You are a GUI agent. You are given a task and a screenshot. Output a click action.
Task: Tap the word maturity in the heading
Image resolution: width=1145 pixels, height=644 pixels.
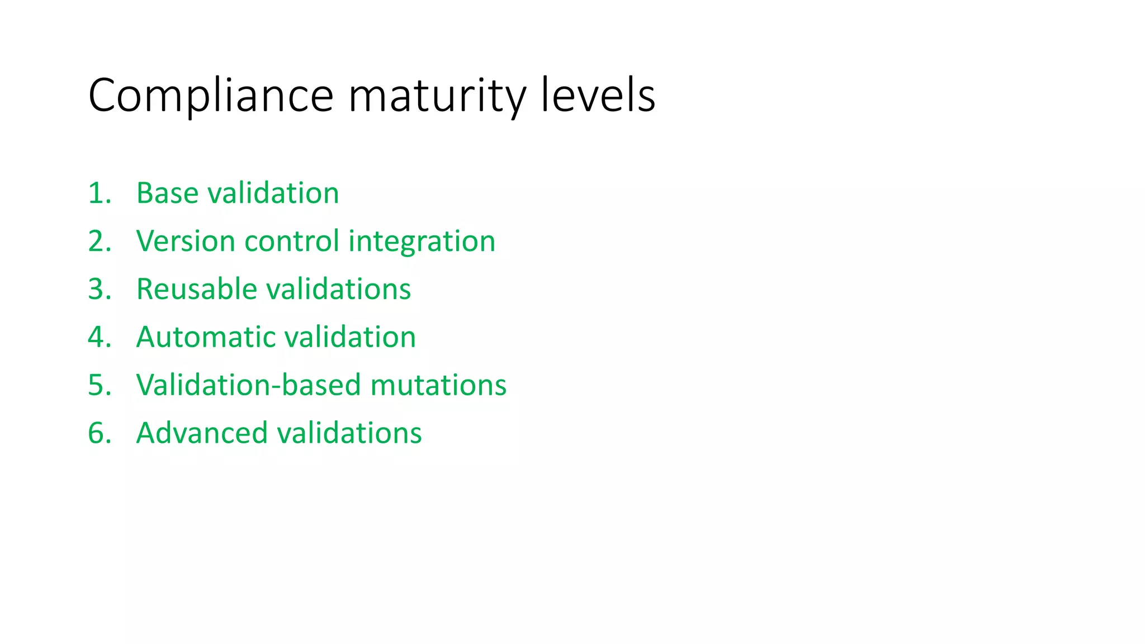(x=437, y=96)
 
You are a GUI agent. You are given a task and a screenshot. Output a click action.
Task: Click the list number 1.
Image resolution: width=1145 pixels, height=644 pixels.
(x=99, y=193)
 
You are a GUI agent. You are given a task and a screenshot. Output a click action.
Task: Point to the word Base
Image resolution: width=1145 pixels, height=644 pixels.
(x=167, y=193)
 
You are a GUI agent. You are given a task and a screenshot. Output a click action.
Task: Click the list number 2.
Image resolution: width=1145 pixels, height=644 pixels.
(x=99, y=241)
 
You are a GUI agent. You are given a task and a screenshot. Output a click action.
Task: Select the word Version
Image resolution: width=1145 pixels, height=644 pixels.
(x=186, y=241)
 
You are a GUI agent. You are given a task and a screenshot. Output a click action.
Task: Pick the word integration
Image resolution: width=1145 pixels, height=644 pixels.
(x=422, y=241)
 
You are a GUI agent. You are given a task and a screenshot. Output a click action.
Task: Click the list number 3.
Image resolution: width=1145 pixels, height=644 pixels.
(x=99, y=290)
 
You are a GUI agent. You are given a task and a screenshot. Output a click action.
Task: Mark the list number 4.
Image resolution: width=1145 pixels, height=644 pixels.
(x=99, y=338)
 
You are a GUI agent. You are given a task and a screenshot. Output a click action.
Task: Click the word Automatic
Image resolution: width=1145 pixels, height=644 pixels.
(x=205, y=338)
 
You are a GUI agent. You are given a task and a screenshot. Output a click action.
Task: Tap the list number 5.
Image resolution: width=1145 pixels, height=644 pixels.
(x=99, y=386)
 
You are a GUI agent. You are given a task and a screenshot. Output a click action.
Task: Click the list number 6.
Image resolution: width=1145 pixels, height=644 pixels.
(x=99, y=434)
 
